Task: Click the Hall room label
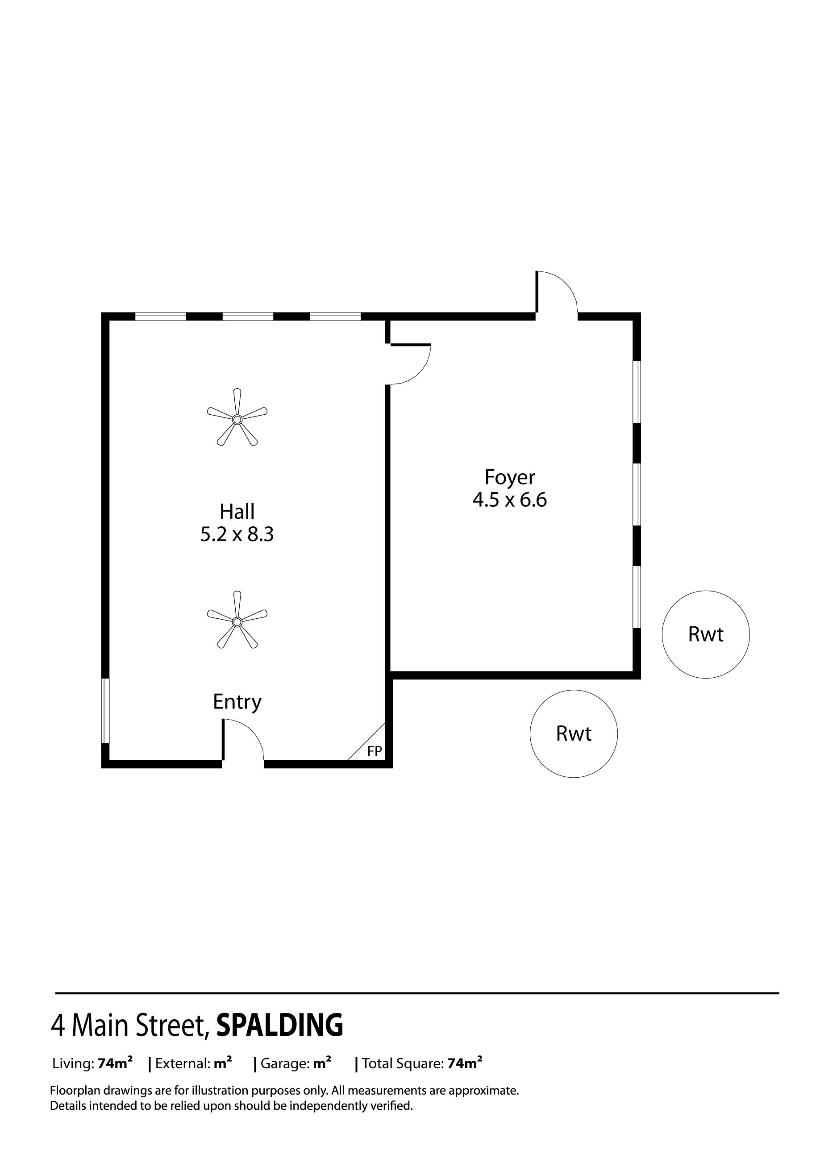coord(237,512)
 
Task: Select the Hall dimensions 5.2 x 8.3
coord(237,534)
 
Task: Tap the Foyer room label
coord(509,477)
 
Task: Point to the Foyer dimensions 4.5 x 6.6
coord(509,500)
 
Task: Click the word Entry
coord(237,702)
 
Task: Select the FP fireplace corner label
coord(375,751)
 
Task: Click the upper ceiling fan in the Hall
coord(237,419)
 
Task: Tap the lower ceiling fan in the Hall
coord(237,622)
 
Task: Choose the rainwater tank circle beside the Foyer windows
coord(705,634)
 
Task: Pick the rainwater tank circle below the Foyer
coord(573,734)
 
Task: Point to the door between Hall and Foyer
coord(409,364)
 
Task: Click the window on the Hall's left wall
coord(105,711)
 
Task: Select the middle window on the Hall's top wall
coord(248,317)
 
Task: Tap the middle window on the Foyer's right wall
coord(636,495)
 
